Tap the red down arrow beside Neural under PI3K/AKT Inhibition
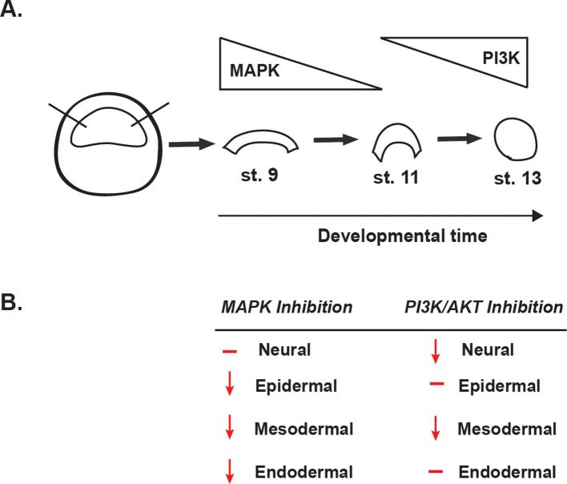point(433,350)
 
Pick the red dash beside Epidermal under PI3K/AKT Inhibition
point(436,385)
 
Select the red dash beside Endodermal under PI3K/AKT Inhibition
point(436,470)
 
